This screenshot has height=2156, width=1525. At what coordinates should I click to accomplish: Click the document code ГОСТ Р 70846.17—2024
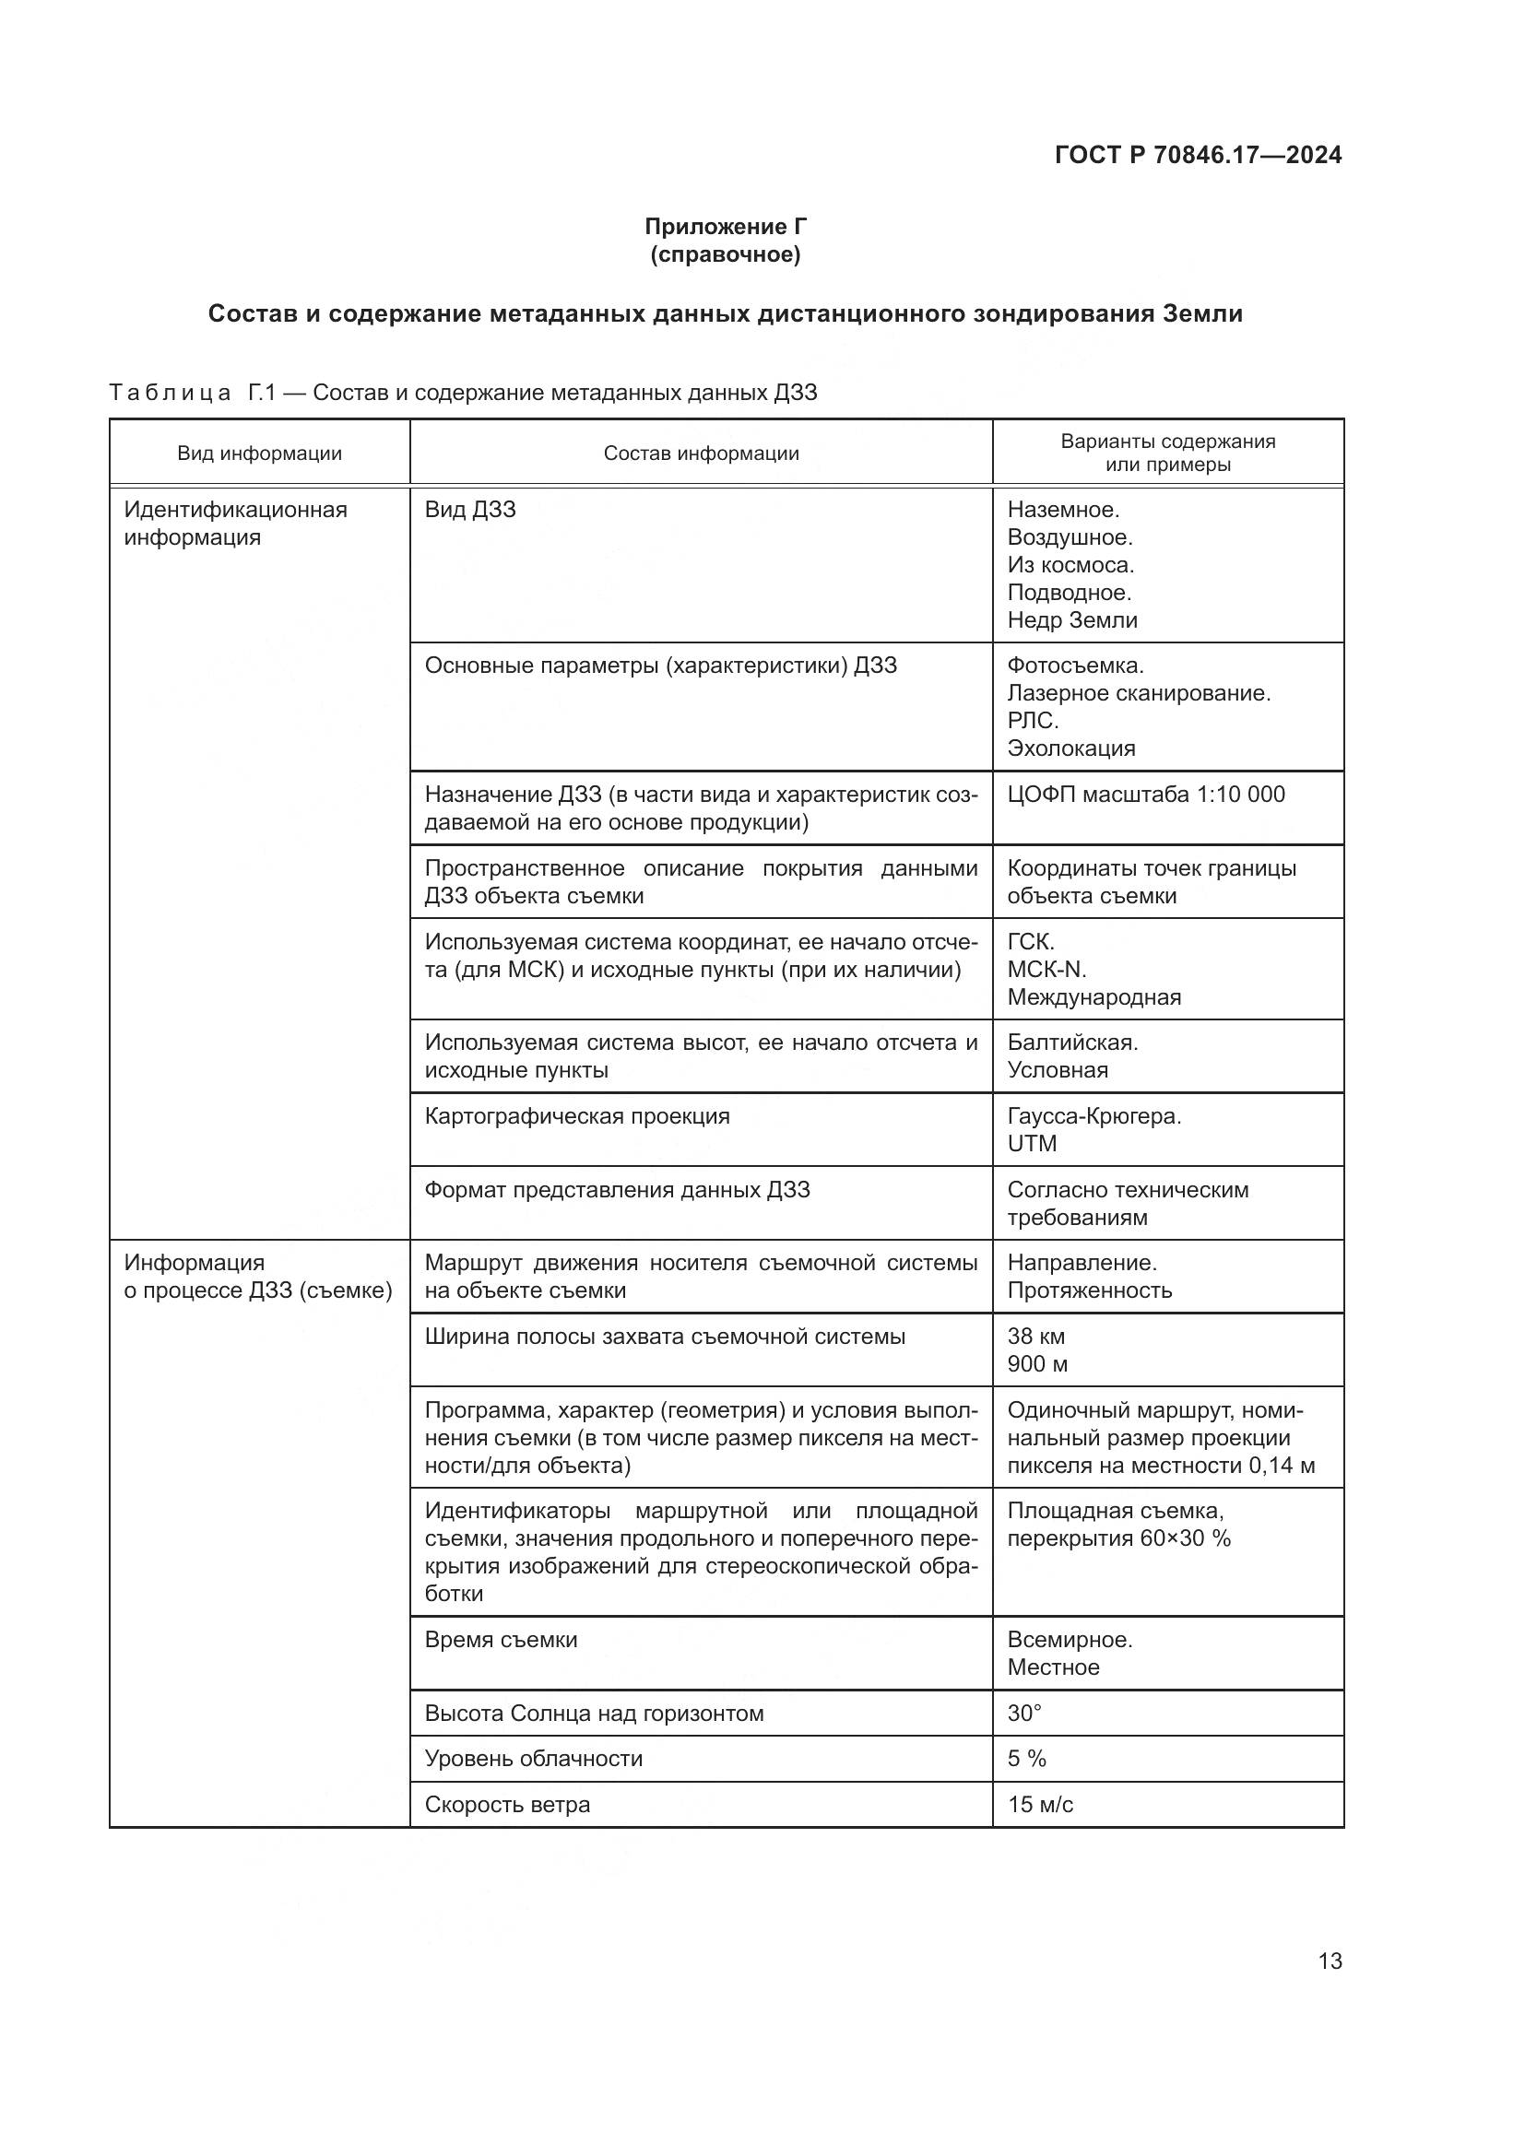[1198, 155]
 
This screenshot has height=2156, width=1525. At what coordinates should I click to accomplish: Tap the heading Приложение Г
[725, 227]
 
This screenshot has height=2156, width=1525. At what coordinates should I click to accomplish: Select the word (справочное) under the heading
[725, 254]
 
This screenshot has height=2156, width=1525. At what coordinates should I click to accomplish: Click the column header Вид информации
[259, 454]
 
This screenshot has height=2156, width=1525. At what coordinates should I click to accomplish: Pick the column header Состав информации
[701, 454]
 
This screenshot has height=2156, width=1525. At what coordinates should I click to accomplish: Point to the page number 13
[1330, 1961]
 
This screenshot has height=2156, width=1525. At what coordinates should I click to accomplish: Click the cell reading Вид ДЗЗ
[469, 510]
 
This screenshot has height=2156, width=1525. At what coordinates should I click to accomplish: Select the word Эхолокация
[1070, 748]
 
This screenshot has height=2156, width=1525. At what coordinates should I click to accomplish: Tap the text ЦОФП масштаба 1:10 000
[1146, 795]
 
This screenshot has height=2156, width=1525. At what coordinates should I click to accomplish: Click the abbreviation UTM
[1032, 1144]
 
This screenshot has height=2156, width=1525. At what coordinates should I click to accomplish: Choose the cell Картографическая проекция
[576, 1116]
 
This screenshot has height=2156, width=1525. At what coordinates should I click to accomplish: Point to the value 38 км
[1035, 1337]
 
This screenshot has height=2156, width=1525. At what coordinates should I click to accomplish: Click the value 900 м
[1036, 1363]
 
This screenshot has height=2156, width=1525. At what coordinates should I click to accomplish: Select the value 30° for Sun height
[1023, 1714]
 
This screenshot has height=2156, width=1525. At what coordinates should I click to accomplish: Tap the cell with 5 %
[1026, 1759]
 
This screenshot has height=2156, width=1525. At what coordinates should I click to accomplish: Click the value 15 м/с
[1039, 1805]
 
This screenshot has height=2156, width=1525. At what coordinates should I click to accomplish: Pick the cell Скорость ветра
[507, 1805]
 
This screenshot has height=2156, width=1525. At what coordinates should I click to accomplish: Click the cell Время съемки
[501, 1640]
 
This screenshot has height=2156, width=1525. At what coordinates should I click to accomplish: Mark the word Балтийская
[1071, 1043]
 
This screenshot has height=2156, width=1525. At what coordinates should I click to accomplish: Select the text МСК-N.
[1046, 969]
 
